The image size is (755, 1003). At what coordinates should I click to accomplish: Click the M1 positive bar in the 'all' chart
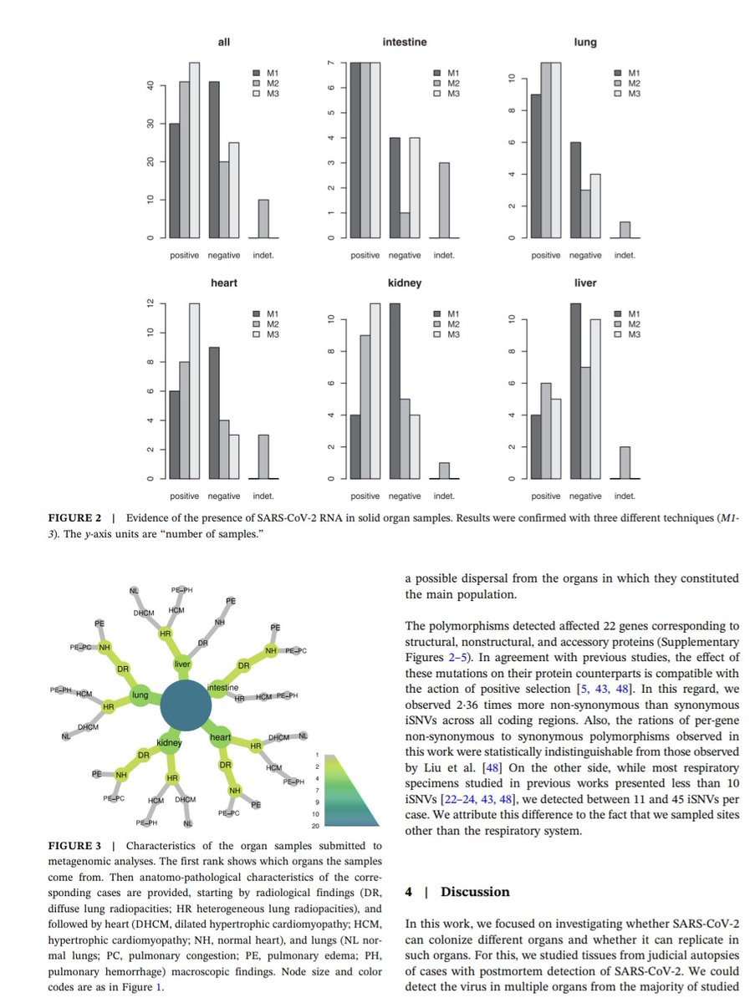coord(174,181)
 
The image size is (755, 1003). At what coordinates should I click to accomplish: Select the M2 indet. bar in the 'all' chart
coord(263,219)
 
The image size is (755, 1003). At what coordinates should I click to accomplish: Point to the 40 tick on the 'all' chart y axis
coord(151,85)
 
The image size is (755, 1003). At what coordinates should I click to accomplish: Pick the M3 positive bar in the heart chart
coord(194,391)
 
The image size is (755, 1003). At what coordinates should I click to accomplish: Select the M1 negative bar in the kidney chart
coord(395,391)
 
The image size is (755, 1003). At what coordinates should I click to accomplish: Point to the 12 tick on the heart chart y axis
coord(151,303)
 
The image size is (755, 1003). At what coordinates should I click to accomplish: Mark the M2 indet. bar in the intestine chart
coord(443,201)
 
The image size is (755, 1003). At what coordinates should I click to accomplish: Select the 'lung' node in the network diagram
coord(140,695)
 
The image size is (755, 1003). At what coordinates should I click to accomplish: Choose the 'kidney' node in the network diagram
coord(170,741)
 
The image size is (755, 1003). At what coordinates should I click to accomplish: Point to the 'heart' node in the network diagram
coord(221,737)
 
